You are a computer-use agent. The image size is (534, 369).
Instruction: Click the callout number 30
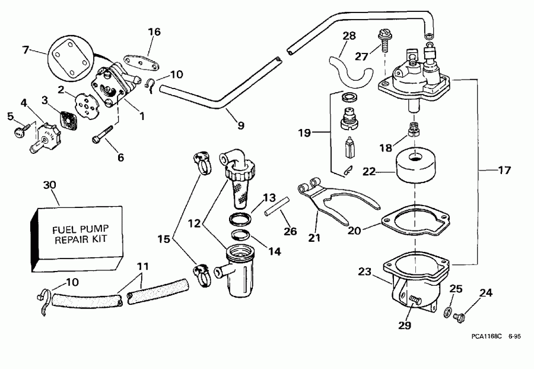(51, 184)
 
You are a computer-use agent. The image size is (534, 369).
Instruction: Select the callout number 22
(370, 171)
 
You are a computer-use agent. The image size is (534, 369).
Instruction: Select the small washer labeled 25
(449, 311)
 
